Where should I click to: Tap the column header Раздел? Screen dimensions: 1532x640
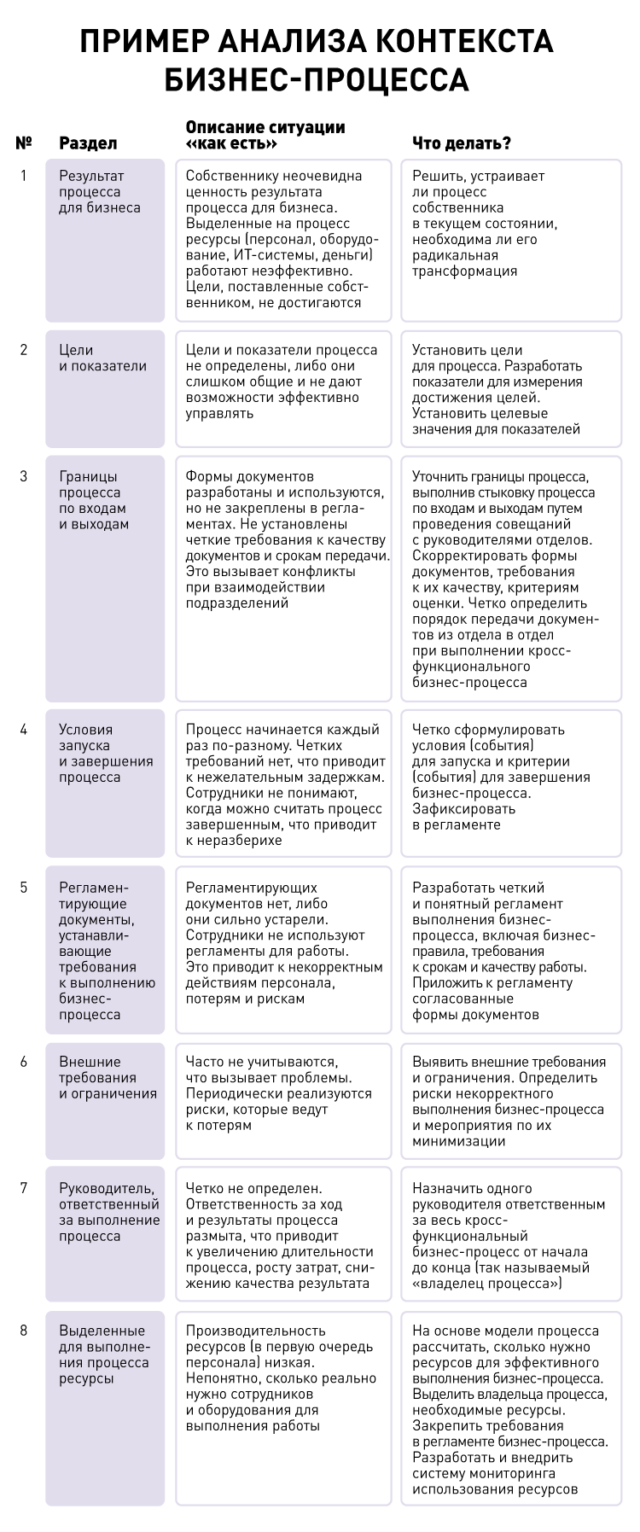(88, 143)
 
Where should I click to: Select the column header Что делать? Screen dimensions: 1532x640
(462, 143)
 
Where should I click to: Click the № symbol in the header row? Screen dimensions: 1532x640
(24, 143)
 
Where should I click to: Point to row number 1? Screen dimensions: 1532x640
(24, 176)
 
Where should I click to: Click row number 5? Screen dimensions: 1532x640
(24, 888)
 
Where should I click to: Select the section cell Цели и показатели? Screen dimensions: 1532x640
(102, 358)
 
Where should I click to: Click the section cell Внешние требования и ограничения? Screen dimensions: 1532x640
(106, 1078)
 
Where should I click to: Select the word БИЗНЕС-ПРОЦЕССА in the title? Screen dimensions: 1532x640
(317, 79)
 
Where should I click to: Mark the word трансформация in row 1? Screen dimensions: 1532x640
(464, 271)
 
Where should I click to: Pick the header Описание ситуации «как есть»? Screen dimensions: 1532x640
(265, 136)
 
